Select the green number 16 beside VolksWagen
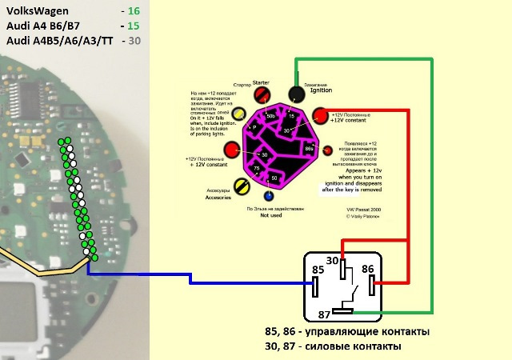(133, 12)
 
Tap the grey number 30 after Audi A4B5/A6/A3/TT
(134, 41)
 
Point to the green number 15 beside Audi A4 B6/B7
(133, 26)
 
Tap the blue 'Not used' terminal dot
(269, 194)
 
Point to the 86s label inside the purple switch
(310, 149)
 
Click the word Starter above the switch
(260, 82)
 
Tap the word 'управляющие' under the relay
(342, 331)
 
